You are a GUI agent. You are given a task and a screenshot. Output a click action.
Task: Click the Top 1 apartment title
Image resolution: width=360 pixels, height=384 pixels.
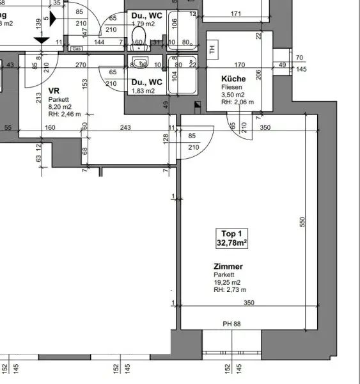[231, 234]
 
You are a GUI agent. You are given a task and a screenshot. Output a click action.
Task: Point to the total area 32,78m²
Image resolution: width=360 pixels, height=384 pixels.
[231, 243]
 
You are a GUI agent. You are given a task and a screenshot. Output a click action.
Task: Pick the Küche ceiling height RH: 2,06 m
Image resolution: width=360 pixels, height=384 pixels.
[238, 102]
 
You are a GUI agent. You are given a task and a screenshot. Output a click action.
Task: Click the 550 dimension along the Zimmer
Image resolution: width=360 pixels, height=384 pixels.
[303, 221]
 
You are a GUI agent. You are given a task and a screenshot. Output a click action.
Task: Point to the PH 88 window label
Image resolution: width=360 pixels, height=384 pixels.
[231, 324]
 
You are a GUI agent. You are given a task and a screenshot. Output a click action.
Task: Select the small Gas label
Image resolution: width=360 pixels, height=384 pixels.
[76, 48]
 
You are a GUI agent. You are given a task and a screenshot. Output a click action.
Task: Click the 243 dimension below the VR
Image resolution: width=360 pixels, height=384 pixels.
[125, 128]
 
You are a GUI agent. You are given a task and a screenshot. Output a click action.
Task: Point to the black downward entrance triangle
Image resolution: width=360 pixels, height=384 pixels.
[40, 41]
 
